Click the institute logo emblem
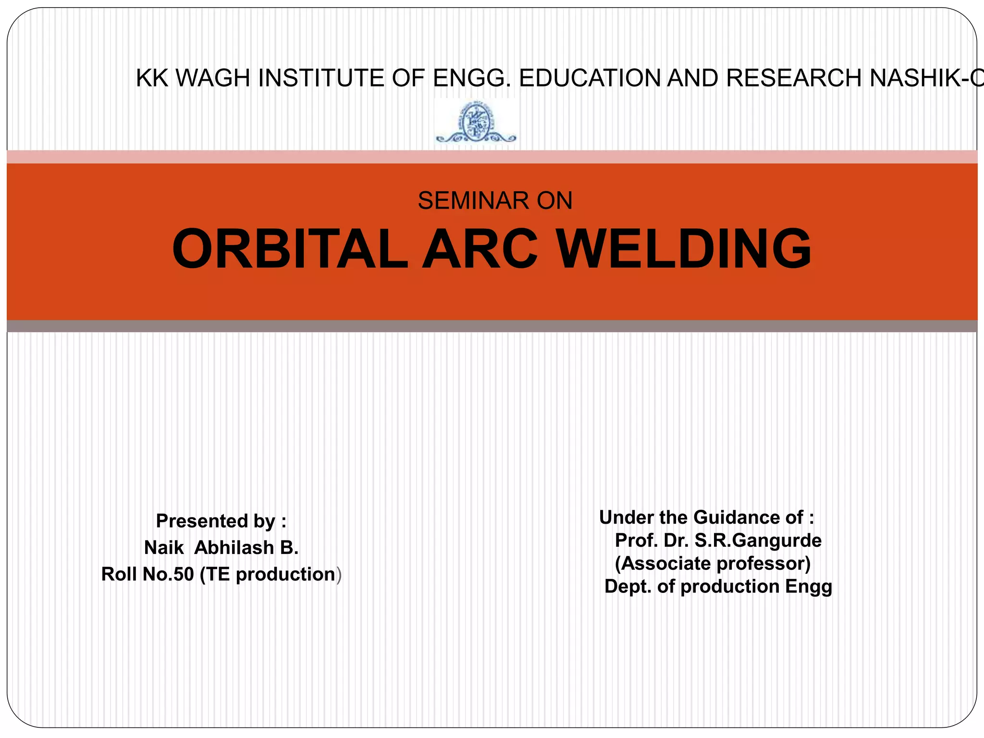coord(475,123)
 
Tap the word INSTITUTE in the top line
coord(321,78)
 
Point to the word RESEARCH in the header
coord(794,78)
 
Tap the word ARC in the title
coord(480,249)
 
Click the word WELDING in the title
coord(684,249)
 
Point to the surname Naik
coord(164,548)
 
